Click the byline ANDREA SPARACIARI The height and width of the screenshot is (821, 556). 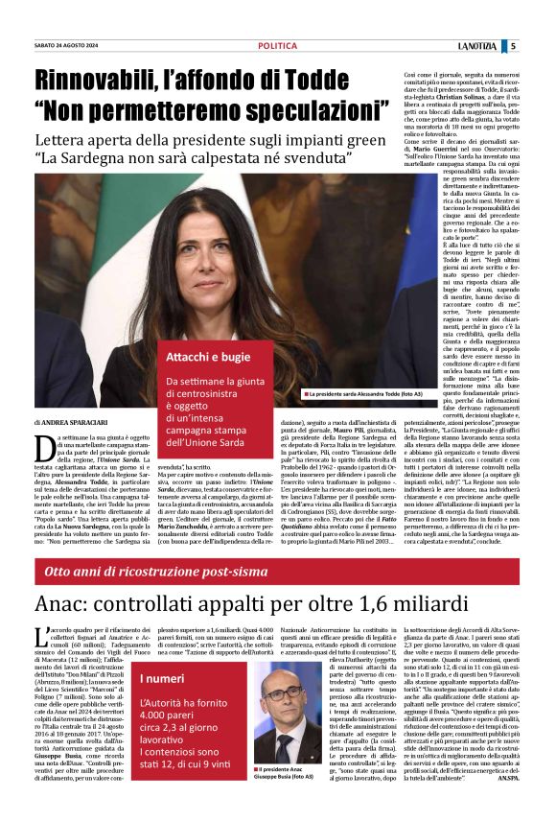point(76,423)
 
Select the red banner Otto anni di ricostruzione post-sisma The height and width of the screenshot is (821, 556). point(153,572)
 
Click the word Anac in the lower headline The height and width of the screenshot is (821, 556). point(67,604)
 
